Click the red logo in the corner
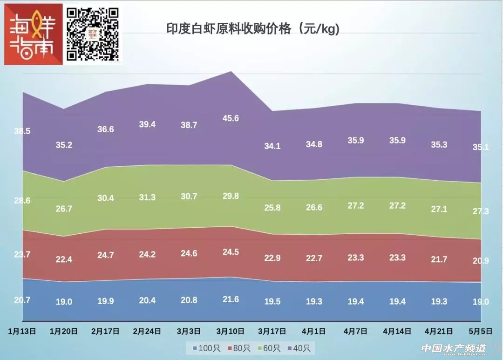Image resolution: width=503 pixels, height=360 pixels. [33, 34]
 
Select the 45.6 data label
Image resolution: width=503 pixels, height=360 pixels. [231, 118]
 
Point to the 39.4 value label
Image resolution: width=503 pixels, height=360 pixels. [147, 124]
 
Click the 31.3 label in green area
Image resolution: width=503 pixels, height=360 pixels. [147, 197]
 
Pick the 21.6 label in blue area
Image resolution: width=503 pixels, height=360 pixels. [231, 299]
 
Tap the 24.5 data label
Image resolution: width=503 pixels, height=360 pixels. [231, 252]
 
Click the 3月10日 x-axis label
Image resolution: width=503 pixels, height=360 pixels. [231, 331]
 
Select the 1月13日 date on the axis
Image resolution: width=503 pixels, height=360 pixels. [22, 331]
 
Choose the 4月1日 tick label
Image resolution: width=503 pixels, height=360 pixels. [314, 331]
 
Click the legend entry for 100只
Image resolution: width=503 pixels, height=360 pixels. [203, 348]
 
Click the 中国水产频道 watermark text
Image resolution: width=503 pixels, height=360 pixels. [453, 348]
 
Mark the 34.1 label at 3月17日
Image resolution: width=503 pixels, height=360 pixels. [272, 146]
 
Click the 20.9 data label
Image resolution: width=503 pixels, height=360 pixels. [481, 261]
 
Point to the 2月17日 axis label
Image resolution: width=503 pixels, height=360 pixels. [106, 331]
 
